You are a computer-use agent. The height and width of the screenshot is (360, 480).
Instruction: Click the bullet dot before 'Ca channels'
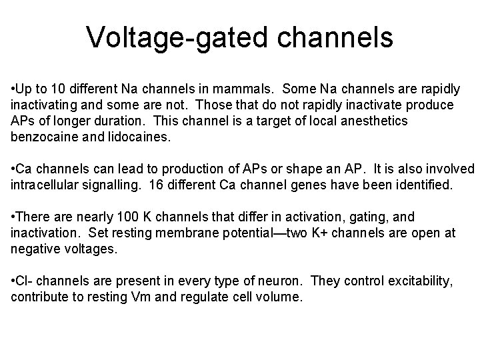click(x=13, y=169)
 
